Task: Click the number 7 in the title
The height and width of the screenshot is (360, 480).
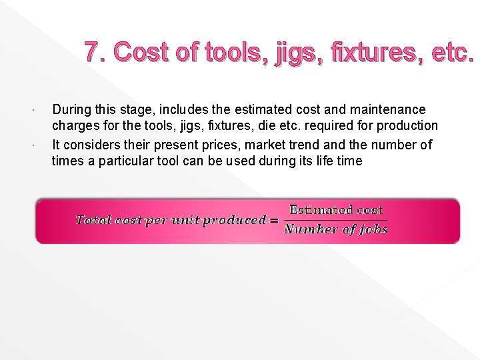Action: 93,51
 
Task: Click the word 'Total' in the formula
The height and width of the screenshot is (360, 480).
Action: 91,220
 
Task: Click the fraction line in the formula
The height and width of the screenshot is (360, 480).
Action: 335,220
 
